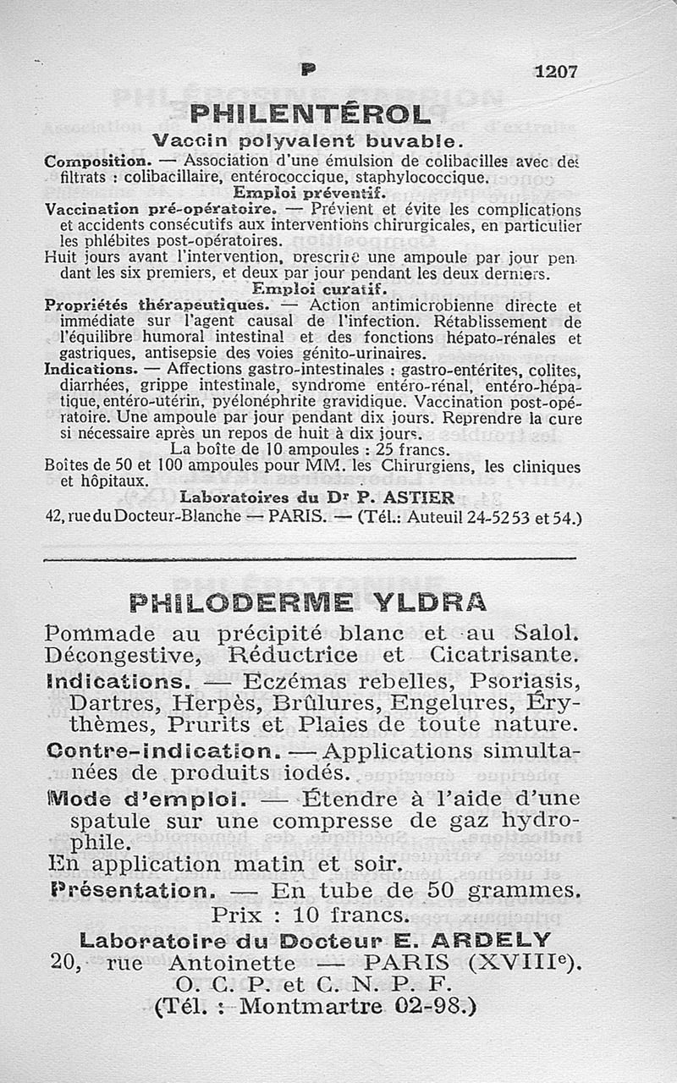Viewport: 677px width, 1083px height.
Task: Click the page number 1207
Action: click(x=554, y=72)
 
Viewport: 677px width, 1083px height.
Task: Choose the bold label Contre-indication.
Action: click(x=163, y=750)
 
